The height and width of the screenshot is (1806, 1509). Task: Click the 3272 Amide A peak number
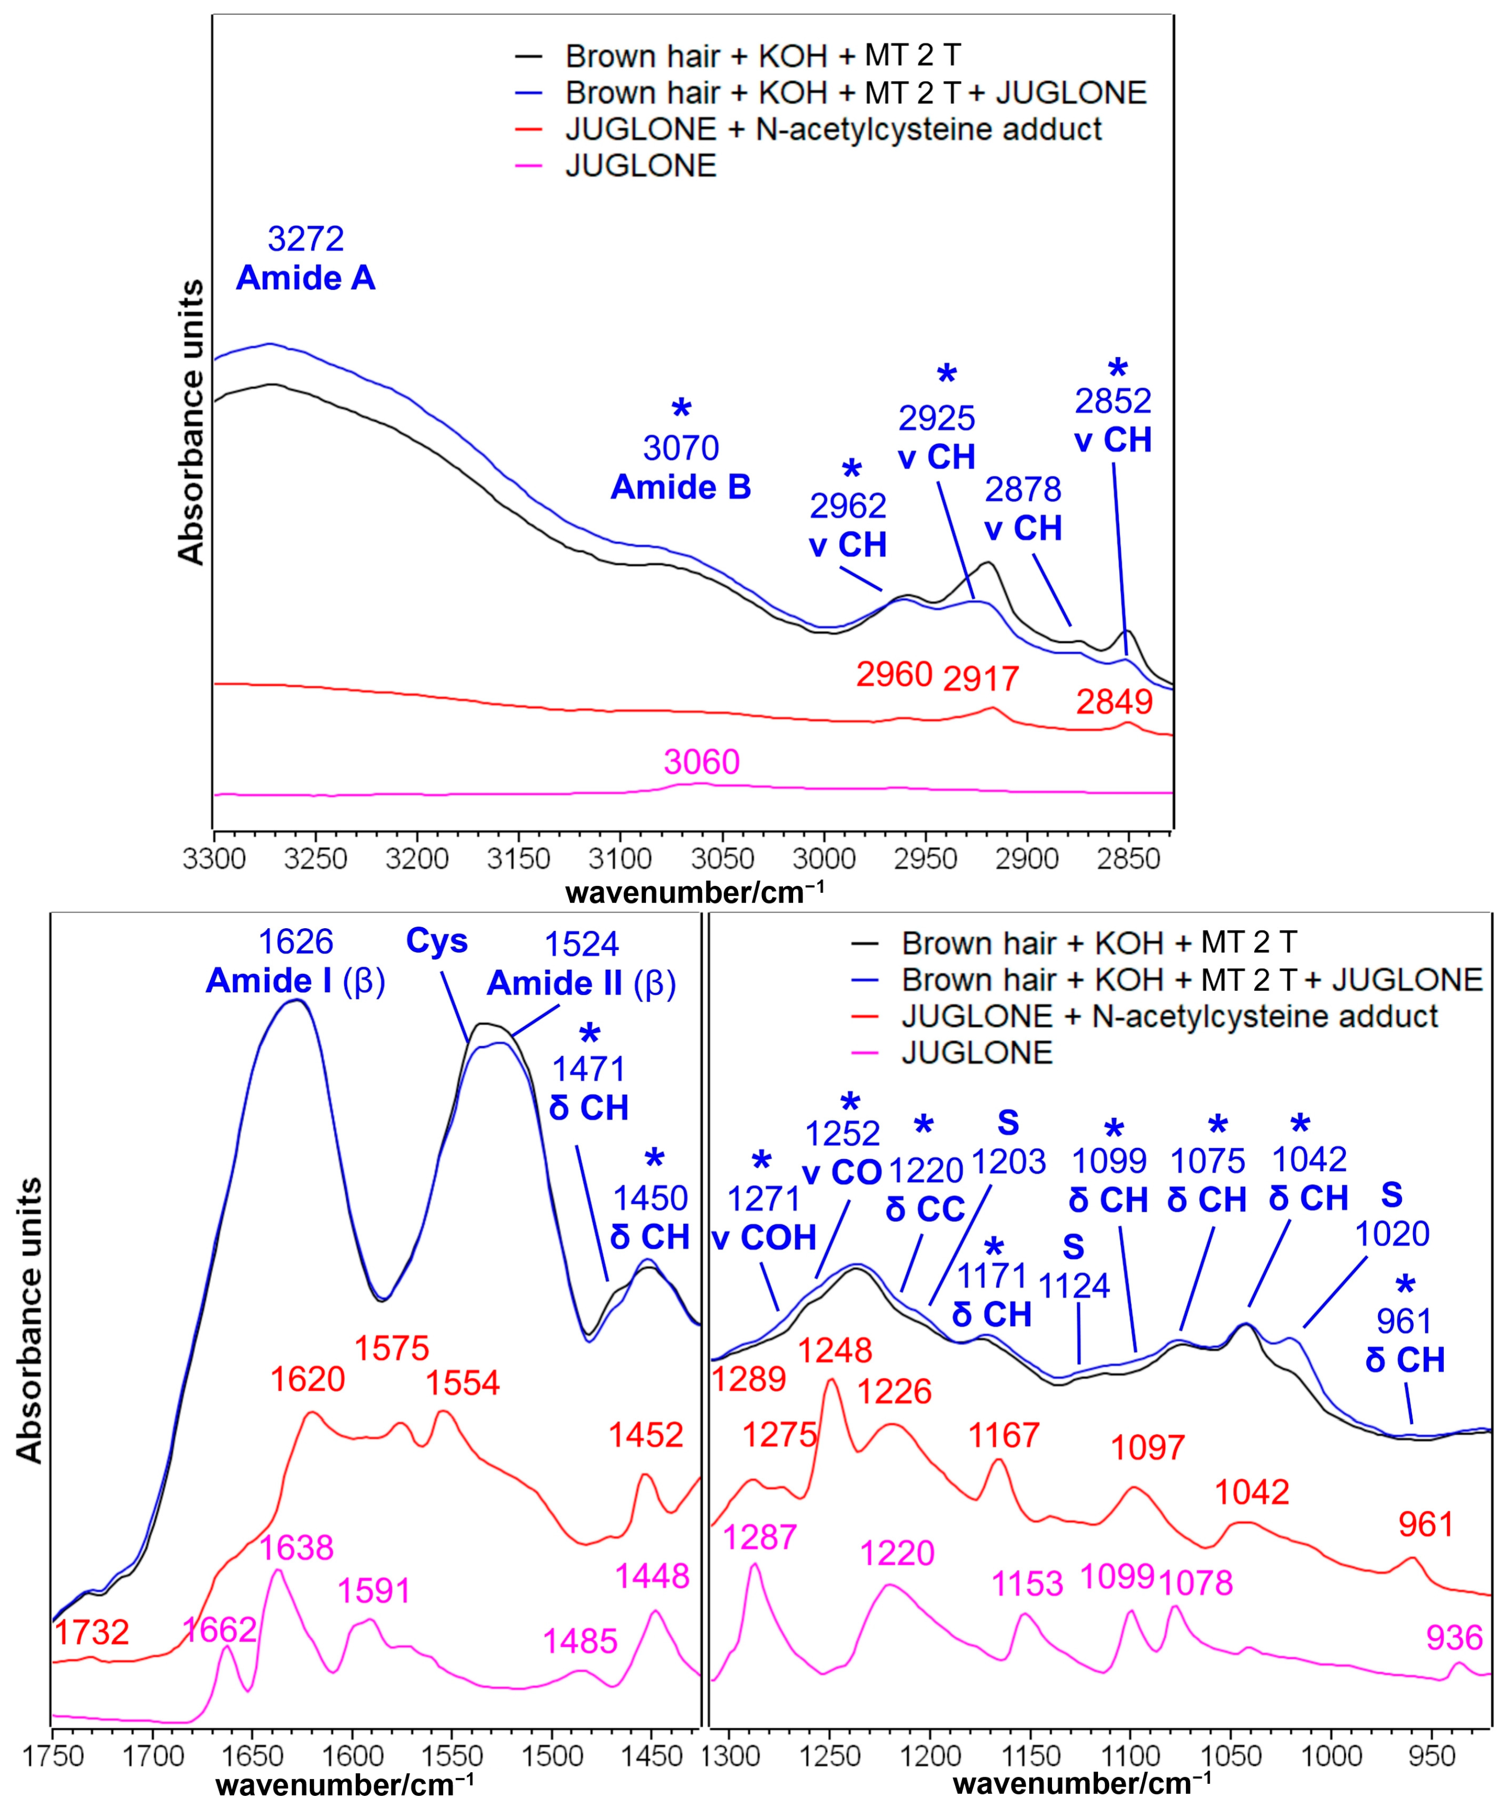[x=305, y=238]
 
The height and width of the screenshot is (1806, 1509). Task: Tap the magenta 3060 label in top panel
[x=701, y=762]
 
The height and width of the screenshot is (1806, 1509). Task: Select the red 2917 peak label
[x=981, y=680]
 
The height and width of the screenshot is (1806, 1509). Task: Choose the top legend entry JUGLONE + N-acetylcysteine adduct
[x=833, y=129]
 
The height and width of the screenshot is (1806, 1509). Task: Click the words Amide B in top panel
[x=680, y=488]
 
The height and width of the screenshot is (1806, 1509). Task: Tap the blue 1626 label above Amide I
[x=296, y=942]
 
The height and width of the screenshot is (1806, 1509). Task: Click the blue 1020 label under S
[x=1392, y=1234]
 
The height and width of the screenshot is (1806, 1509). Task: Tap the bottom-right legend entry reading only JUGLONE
[x=977, y=1053]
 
